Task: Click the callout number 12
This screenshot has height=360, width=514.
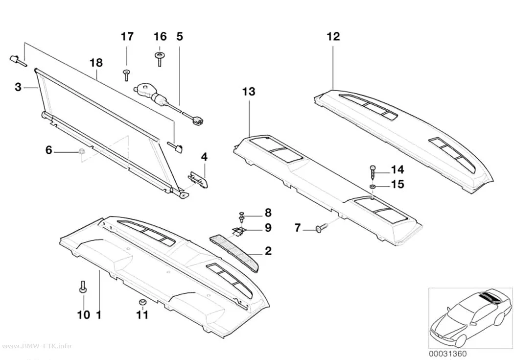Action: (333, 36)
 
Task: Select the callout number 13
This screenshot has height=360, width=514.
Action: (249, 92)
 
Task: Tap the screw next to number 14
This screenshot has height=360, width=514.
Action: (373, 171)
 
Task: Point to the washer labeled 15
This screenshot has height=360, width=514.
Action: (373, 187)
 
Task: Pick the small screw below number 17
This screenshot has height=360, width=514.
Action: (126, 75)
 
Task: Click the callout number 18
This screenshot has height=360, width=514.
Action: (96, 63)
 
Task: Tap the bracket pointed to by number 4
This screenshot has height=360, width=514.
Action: (199, 180)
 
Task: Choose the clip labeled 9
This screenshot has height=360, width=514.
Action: (239, 231)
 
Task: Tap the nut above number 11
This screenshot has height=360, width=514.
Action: (142, 302)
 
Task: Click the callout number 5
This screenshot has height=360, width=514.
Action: (179, 36)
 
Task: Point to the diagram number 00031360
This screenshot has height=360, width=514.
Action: (448, 354)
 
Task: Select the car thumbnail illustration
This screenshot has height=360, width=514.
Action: (470, 317)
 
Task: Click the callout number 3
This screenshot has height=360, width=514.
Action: (18, 87)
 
